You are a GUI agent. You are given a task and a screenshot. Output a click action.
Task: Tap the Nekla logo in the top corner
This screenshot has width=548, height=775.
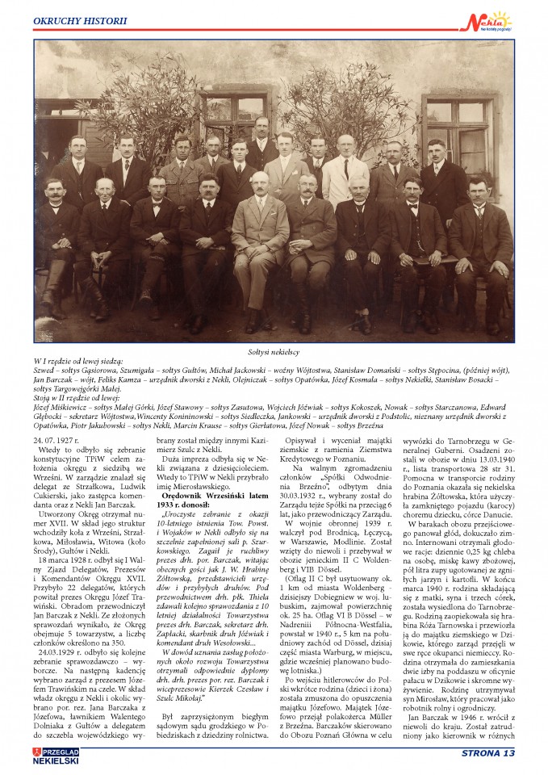pyautogui.click(x=489, y=19)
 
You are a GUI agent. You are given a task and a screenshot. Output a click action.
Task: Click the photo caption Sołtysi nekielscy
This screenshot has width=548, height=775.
pyautogui.click(x=274, y=354)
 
